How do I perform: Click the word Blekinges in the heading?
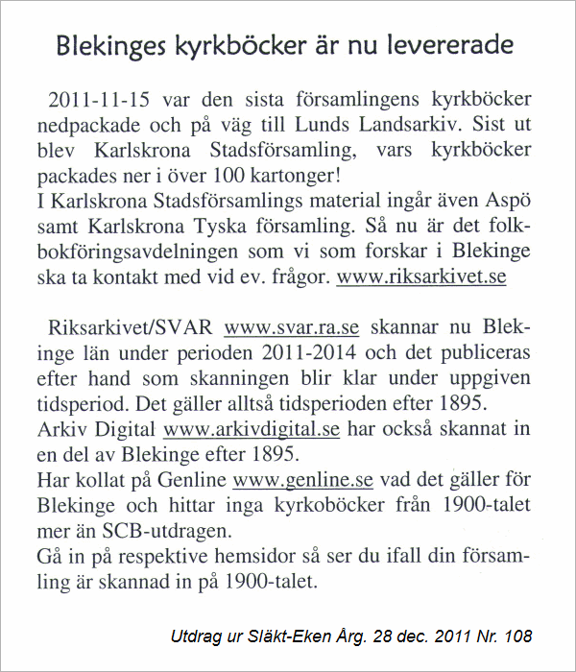point(108,45)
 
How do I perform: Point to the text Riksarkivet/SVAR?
point(132,325)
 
